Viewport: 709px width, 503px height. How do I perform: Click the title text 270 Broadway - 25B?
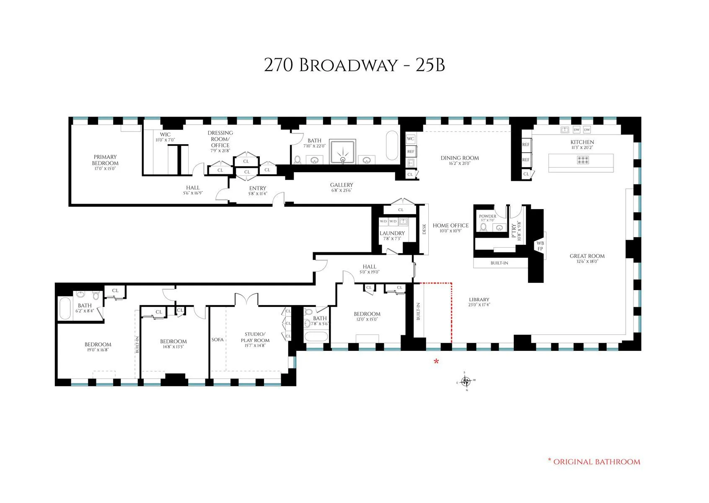[354, 65]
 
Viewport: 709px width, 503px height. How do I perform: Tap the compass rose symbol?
[466, 381]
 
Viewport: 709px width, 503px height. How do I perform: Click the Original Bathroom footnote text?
[597, 462]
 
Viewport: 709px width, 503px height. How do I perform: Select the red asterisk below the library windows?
[436, 361]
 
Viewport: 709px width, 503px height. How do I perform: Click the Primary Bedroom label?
[105, 160]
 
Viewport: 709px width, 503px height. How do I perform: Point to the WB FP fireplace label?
[540, 246]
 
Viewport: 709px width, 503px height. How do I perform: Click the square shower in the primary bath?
[343, 152]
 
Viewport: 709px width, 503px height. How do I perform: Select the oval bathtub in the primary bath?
[392, 145]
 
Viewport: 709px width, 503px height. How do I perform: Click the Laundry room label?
[392, 233]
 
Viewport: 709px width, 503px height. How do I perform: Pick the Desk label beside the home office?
[424, 229]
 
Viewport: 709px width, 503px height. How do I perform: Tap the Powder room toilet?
[484, 227]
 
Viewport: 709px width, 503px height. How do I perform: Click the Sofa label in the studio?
[217, 340]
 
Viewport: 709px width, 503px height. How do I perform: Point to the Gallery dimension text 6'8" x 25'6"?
[342, 190]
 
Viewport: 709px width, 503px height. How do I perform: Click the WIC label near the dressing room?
[165, 135]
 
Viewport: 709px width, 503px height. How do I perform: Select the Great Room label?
[587, 256]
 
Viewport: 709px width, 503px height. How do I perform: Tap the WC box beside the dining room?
[410, 139]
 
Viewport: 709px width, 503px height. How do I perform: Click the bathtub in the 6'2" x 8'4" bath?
[65, 309]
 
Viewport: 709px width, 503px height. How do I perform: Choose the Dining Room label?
[459, 158]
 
